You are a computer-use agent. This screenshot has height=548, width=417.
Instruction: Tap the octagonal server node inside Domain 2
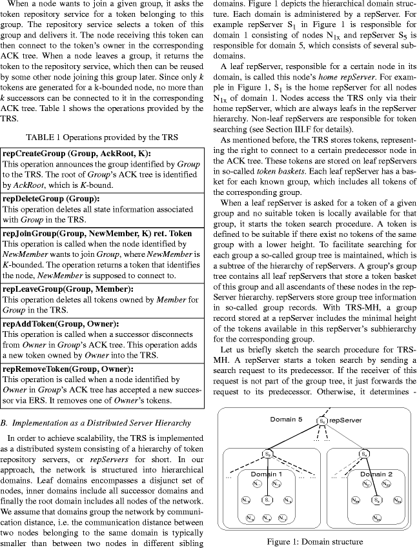pyautogui.click(x=376, y=500)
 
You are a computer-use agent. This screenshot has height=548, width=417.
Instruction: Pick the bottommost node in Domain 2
pyautogui.click(x=376, y=518)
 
